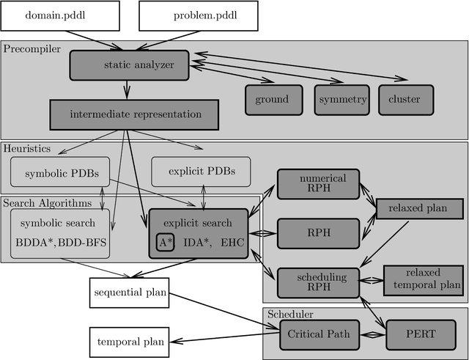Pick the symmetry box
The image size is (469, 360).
pos(341,100)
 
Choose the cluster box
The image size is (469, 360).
pos(405,100)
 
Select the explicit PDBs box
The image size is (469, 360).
pos(200,172)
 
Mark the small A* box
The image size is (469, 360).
pos(165,242)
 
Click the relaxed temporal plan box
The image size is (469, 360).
pos(423,280)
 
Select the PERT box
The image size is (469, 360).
pos(420,334)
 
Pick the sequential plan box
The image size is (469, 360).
pos(128,293)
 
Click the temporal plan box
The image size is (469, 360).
pos(128,341)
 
